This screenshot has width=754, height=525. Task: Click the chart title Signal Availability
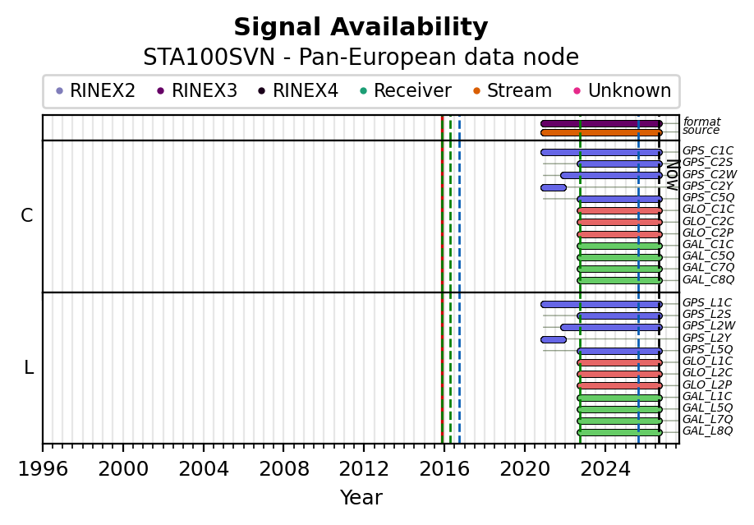361,27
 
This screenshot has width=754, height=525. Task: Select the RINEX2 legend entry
96,90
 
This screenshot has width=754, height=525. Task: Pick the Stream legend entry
513,90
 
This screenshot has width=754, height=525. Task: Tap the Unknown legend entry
623,90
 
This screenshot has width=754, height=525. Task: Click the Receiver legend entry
406,90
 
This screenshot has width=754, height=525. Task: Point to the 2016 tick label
444,468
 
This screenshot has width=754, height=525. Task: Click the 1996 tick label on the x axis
43,468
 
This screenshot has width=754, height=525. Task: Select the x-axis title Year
361,498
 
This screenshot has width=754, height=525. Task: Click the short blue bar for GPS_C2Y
554,187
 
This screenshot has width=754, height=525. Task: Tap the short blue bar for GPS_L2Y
554,340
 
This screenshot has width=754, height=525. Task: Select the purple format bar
601,124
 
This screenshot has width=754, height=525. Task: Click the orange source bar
601,133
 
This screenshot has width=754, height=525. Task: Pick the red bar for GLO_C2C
620,223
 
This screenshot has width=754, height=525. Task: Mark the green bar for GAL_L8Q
620,433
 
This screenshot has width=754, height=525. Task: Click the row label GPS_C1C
708,151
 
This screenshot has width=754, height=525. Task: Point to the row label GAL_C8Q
708,279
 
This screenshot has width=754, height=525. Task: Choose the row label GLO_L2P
707,385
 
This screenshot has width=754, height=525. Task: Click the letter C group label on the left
27,215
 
